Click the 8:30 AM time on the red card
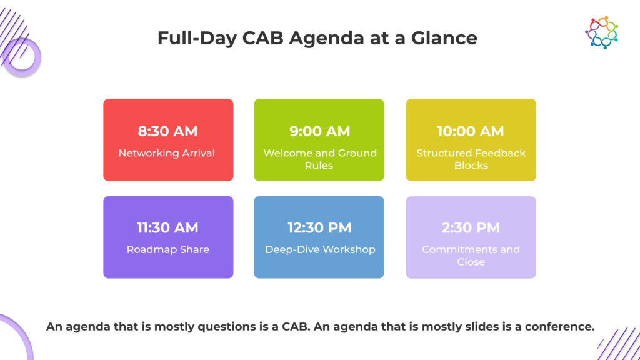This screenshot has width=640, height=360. pos(167,131)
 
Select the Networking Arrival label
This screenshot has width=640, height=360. pos(166,153)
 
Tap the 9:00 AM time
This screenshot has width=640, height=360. pos(319,131)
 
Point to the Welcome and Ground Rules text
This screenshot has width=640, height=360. pos(320,159)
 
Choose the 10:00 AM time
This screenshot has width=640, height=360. pos(471,131)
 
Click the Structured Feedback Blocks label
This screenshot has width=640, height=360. pos(471,159)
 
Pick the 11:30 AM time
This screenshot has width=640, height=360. pos(167,227)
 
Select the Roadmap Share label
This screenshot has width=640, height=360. pos(167,249)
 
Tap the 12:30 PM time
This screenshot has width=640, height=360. pos(319,227)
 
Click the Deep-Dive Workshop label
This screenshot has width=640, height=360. pos(320,250)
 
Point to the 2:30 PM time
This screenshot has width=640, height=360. pos(471,227)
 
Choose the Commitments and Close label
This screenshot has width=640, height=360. pos(471,256)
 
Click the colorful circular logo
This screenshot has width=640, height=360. pos(602,32)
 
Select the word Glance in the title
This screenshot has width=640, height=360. pos(444,38)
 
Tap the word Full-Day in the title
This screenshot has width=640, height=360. pos(197,38)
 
